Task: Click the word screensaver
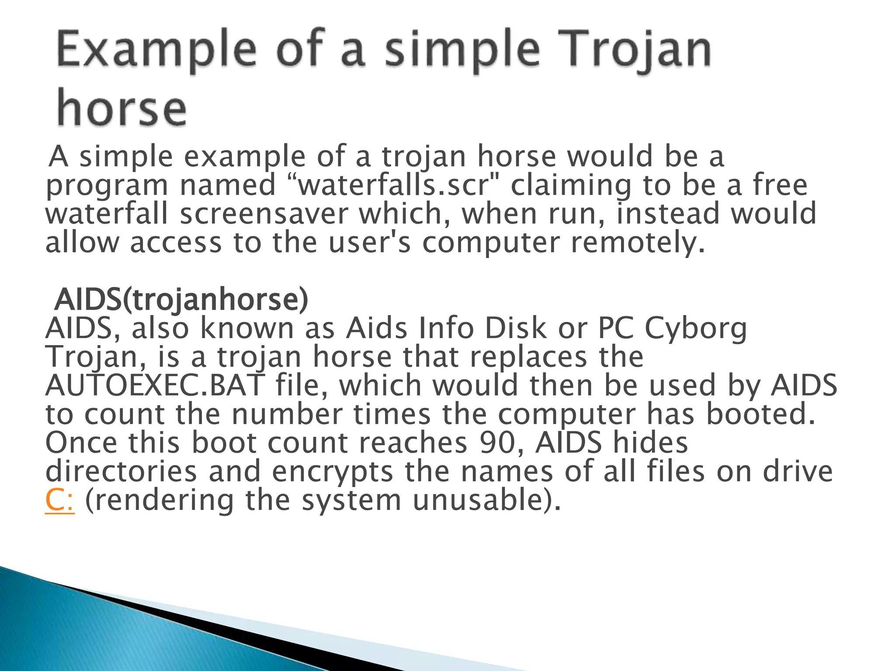coord(264,214)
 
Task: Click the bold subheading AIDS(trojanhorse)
coord(181,300)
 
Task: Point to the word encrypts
coord(332,472)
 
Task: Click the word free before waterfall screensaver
coord(780,185)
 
